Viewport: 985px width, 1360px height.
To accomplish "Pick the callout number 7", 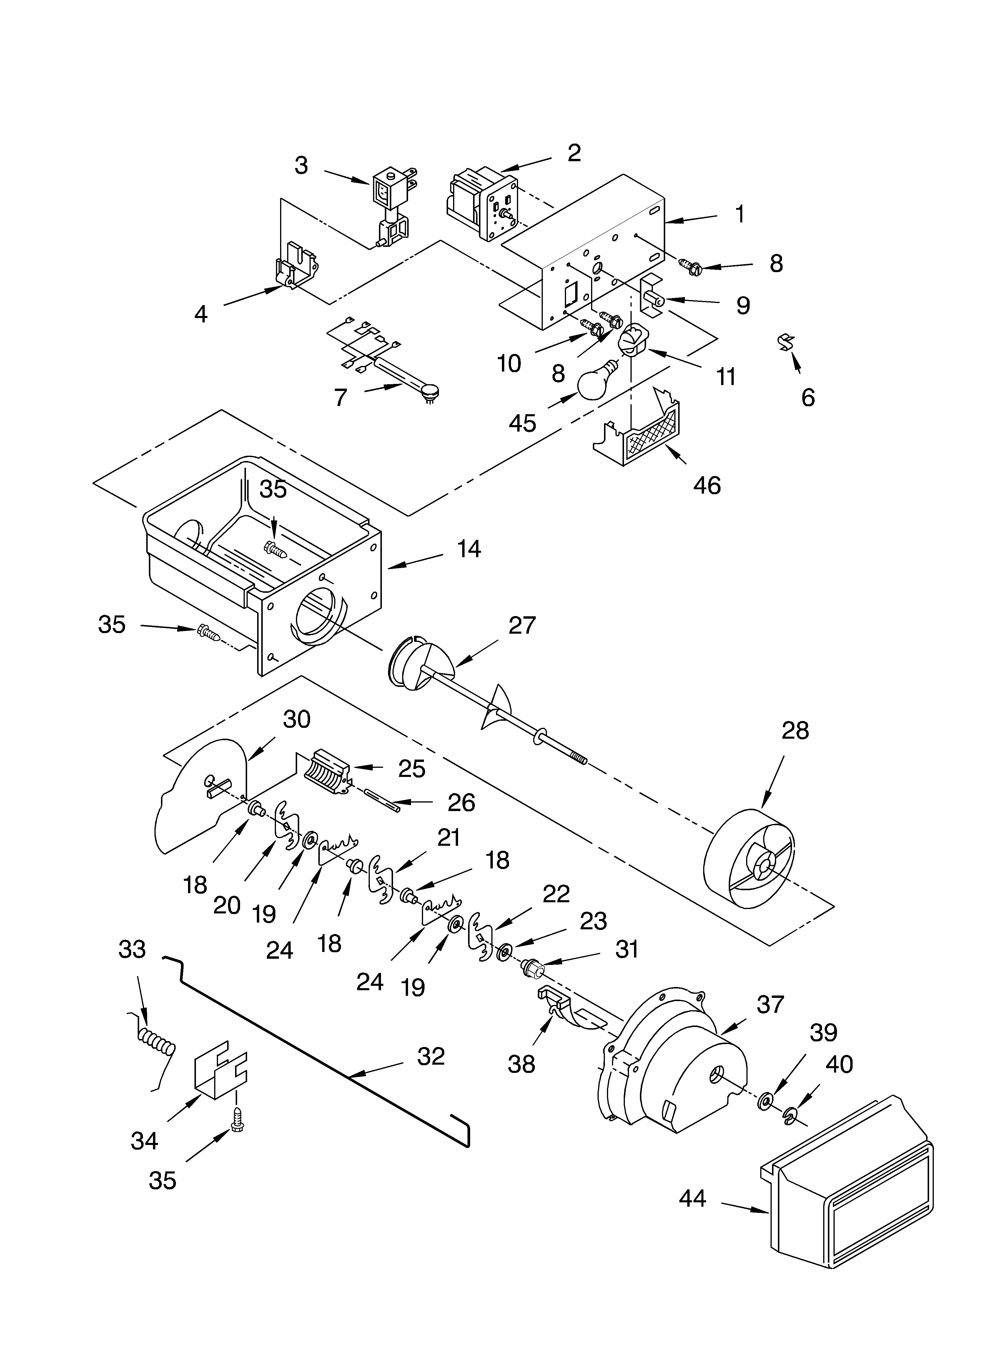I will coord(341,397).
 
